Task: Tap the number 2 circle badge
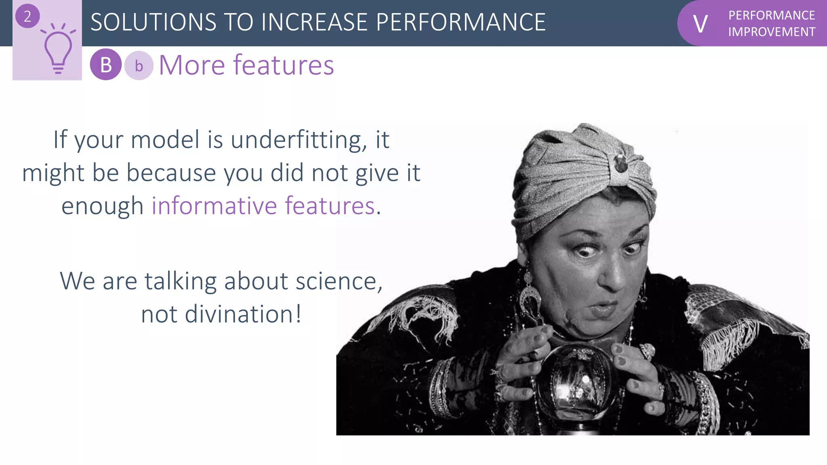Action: coord(27,17)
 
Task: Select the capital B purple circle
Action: coord(106,65)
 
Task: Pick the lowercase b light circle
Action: coord(139,66)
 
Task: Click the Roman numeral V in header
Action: coord(700,24)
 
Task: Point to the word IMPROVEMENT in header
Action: coord(771,32)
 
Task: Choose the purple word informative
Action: coord(214,206)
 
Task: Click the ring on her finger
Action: coord(646,350)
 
